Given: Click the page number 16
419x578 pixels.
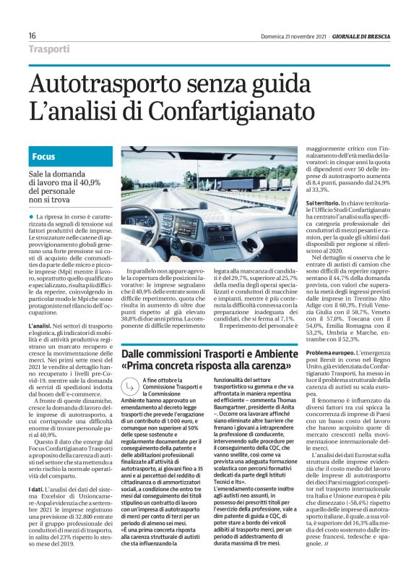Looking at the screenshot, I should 33,35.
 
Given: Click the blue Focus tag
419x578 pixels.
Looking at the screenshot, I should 44,157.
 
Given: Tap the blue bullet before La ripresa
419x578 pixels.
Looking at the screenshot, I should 33,216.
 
